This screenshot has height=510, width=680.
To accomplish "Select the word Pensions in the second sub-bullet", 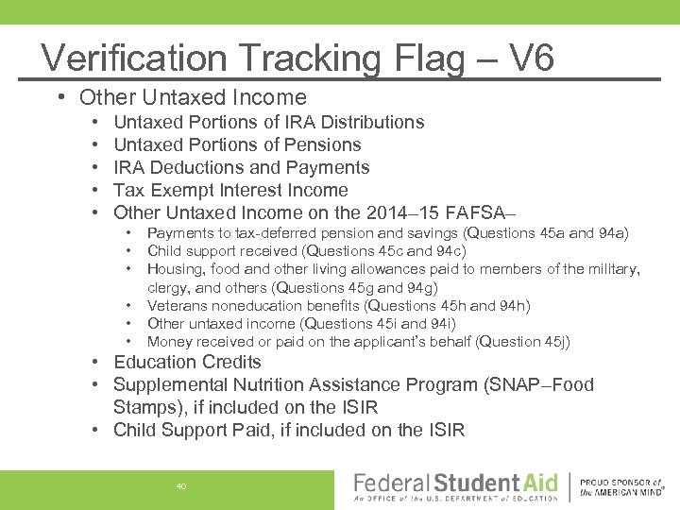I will [x=321, y=144].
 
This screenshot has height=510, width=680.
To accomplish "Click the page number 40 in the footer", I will [x=181, y=486].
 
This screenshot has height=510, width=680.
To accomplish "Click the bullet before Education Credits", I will [x=97, y=362].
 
